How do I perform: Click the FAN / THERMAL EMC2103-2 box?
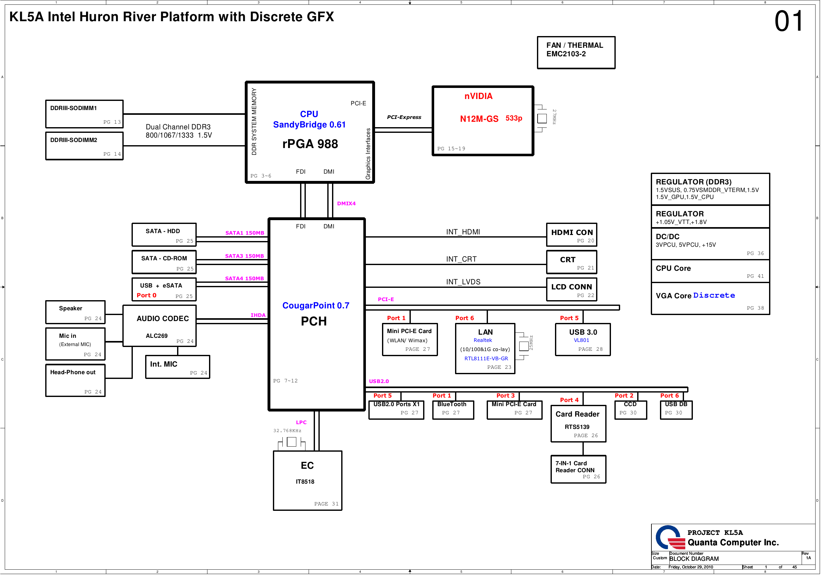(576, 53)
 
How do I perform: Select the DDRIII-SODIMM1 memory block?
(84, 114)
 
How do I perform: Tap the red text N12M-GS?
(479, 119)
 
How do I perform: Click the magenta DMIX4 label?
(346, 204)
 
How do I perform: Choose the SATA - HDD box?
(164, 235)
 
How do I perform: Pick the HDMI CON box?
(571, 235)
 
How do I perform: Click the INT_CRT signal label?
(461, 259)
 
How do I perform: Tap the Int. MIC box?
(177, 367)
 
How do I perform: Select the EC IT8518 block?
(308, 481)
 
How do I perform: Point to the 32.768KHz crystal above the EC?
(291, 442)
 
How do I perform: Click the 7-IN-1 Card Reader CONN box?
(578, 469)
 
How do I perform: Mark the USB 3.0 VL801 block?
(583, 340)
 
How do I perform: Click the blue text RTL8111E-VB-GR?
(486, 359)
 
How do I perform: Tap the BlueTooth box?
(453, 410)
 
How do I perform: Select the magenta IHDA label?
(258, 315)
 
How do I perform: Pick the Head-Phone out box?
(75, 381)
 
